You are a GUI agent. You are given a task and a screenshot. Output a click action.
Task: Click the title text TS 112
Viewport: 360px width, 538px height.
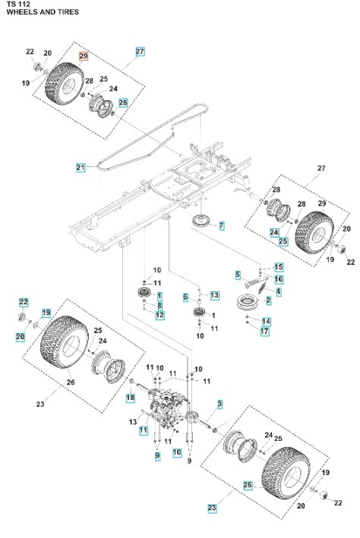[17, 5]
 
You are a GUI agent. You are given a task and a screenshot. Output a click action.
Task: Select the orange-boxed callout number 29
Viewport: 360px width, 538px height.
[84, 56]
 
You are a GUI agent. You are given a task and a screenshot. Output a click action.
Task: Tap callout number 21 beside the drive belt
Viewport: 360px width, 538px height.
[80, 166]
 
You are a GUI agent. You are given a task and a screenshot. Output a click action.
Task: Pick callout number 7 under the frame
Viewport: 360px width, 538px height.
[221, 225]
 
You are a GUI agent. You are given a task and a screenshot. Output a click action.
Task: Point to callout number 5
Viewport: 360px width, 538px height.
[238, 274]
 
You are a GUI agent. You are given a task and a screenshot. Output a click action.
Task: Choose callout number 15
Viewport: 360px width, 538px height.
[278, 267]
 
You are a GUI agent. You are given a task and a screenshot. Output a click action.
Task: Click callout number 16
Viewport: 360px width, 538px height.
[278, 279]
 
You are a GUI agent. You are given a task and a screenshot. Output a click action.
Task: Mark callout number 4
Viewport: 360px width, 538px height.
[279, 291]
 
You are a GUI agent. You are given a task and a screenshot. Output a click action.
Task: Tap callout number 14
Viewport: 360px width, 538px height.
[266, 322]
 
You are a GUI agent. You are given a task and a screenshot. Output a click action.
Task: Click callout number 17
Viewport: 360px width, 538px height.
[265, 332]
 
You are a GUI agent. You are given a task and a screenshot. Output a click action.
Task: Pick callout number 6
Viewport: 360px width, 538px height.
[185, 297]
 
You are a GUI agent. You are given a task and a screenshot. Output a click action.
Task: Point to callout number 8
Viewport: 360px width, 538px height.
[159, 305]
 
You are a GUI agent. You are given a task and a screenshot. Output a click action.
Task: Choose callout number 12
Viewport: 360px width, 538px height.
[159, 315]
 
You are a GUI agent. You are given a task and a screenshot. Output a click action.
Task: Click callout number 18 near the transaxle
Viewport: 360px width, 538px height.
[130, 398]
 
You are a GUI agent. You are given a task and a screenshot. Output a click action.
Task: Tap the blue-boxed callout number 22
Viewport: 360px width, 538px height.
[23, 302]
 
